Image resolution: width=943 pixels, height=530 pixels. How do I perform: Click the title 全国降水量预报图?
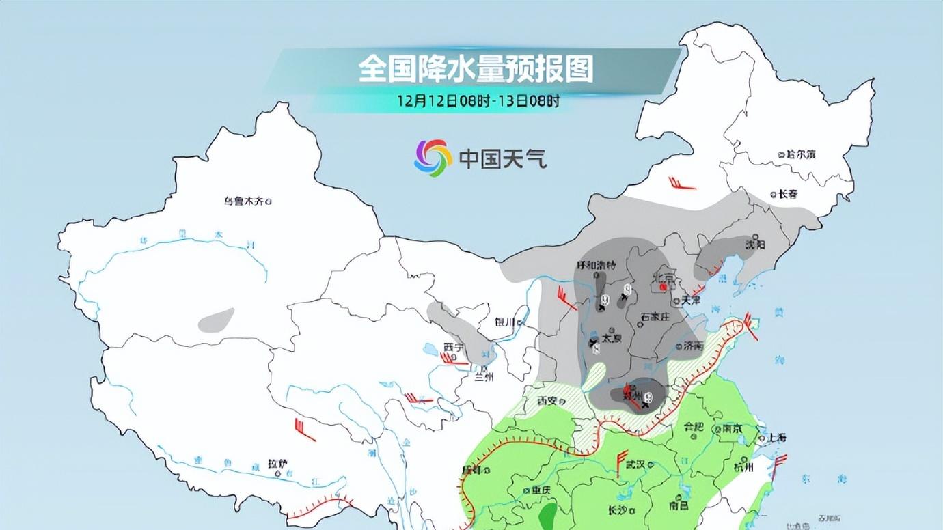tap(476, 69)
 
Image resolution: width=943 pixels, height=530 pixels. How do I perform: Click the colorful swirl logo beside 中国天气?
tap(433, 158)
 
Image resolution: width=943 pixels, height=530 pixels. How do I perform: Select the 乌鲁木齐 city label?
tap(244, 201)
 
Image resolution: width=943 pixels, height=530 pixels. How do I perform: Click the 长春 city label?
tap(788, 194)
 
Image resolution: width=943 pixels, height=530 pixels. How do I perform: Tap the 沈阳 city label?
tap(754, 243)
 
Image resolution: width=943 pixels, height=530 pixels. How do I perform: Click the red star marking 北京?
tap(663, 288)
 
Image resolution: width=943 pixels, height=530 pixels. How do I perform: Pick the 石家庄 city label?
tap(653, 317)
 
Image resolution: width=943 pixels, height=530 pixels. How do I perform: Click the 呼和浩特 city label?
tap(596, 265)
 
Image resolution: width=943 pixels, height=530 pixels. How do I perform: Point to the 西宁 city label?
tap(453, 347)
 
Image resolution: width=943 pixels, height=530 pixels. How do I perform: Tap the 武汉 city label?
tap(635, 464)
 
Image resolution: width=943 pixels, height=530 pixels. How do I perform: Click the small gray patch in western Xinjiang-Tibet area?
tap(217, 320)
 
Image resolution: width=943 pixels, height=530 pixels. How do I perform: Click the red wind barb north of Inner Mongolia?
tap(683, 184)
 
